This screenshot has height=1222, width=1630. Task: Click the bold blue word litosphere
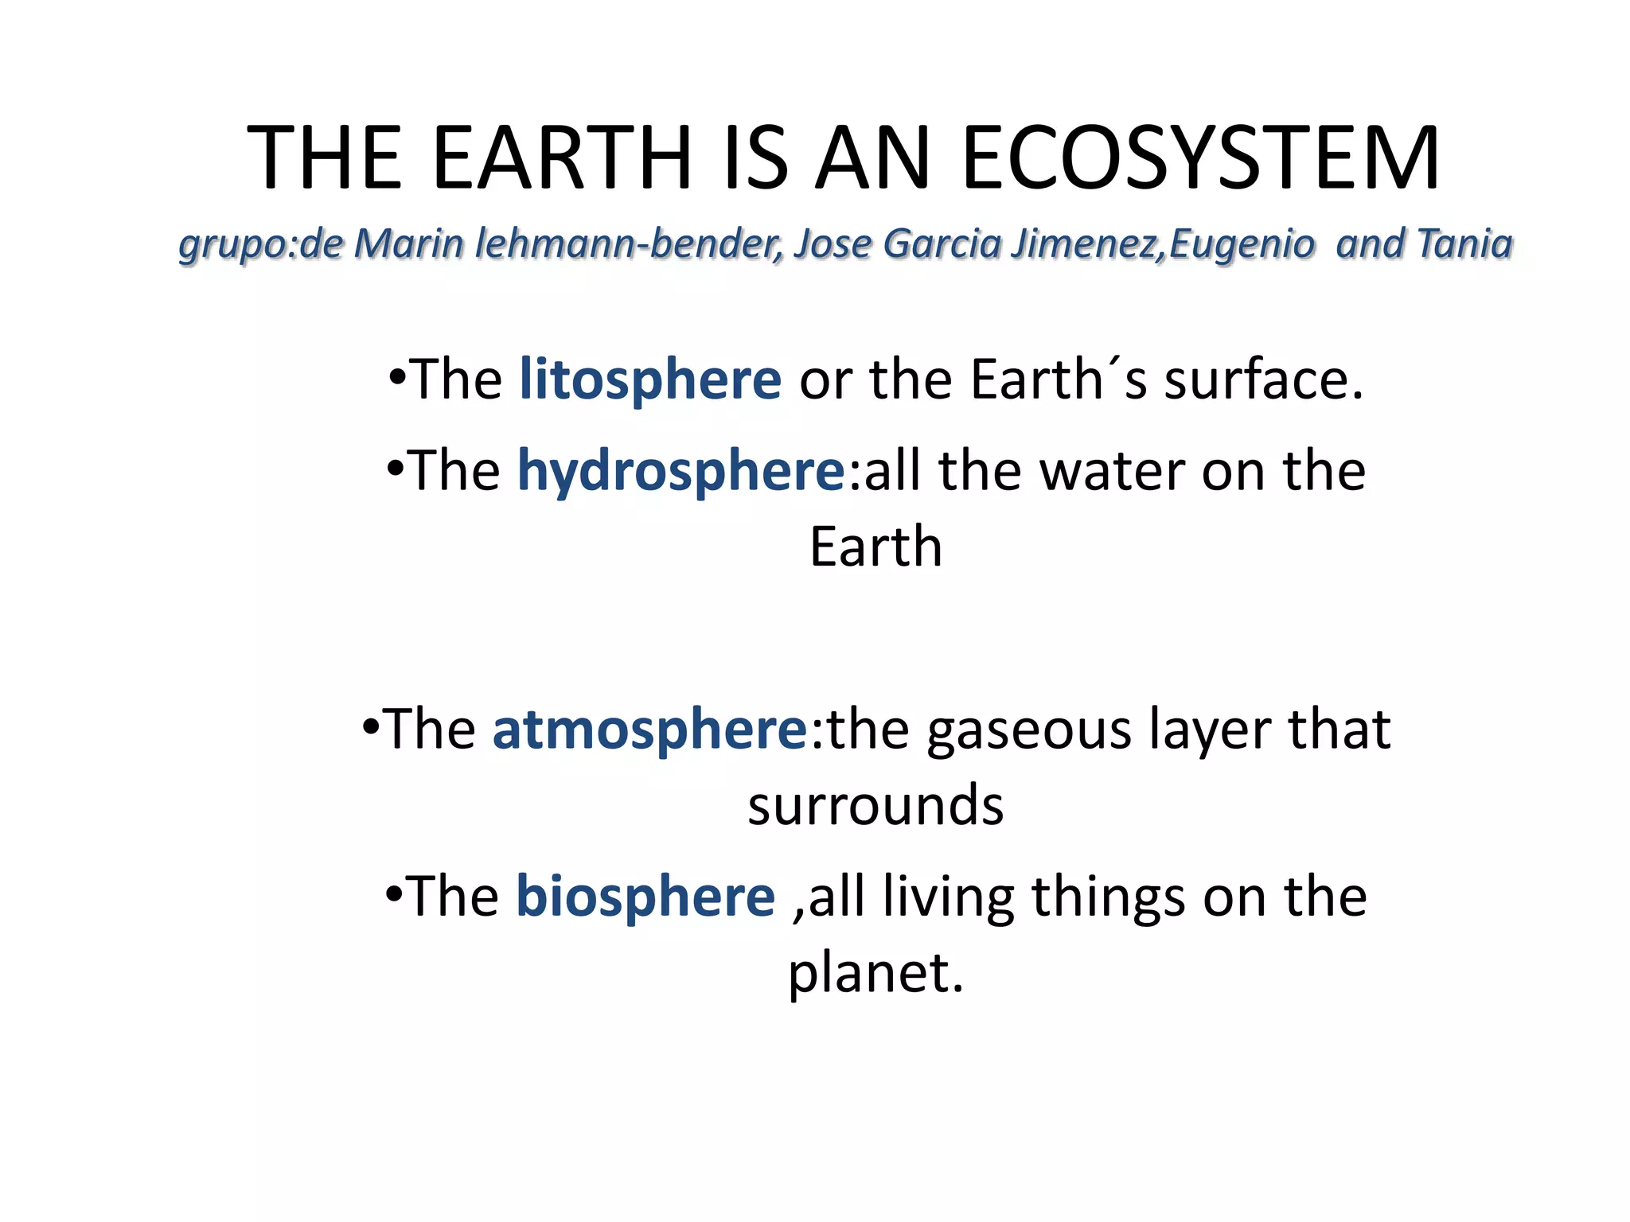point(650,379)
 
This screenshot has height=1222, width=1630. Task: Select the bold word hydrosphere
point(681,471)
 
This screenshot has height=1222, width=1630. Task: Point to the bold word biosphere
point(645,897)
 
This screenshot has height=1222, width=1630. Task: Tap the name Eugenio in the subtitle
point(1242,243)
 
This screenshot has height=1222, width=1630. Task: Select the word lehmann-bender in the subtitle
point(629,243)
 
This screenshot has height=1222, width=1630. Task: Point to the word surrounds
point(875,805)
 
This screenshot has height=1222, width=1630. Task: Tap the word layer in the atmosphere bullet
point(1210,730)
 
